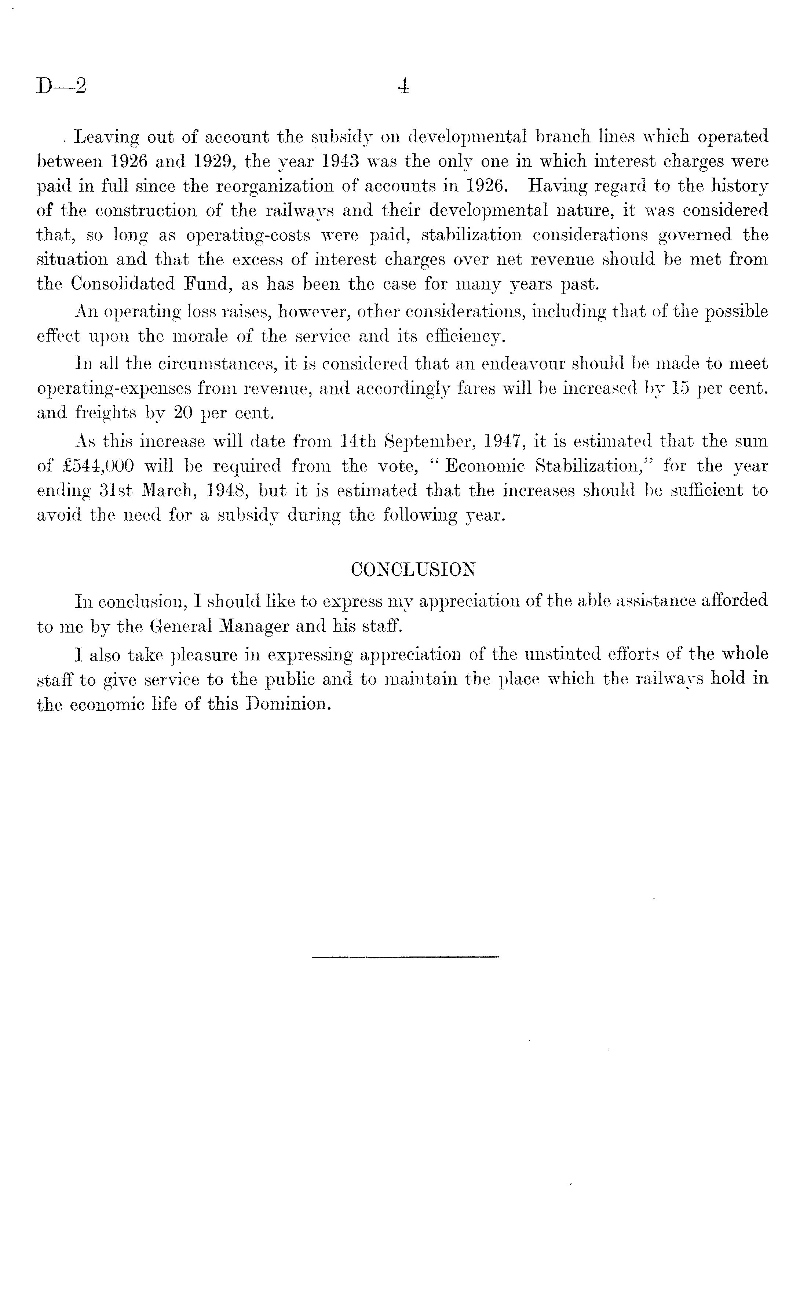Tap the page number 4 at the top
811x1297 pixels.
point(405,86)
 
